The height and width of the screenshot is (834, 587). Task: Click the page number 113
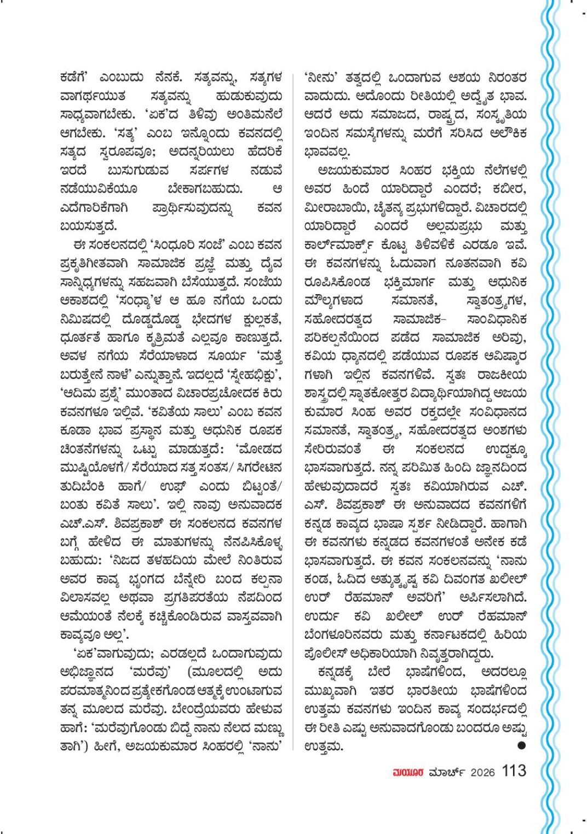[x=513, y=771]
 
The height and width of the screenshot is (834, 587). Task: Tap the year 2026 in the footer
[x=482, y=772]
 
